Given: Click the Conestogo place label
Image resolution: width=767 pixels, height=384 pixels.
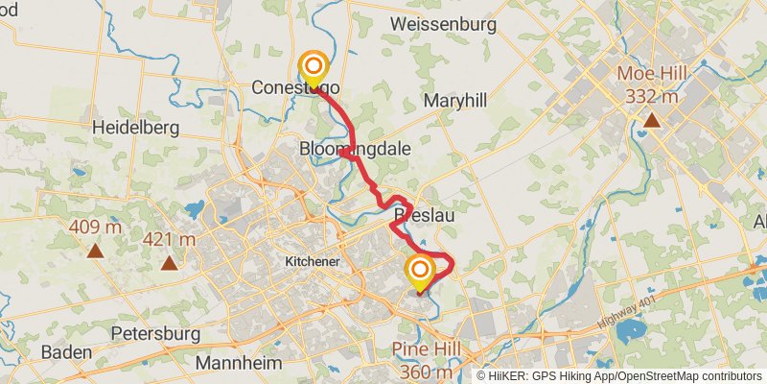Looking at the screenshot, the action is (295, 87).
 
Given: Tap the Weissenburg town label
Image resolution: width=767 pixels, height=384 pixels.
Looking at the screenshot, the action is (456, 21).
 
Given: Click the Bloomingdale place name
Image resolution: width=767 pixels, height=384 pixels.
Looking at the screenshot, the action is (356, 150).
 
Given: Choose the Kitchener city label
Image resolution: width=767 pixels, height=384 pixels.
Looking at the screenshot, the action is (314, 260).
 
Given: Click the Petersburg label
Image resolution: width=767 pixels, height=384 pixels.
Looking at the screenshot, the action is (156, 333).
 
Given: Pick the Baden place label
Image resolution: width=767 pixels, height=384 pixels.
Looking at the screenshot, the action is (66, 352).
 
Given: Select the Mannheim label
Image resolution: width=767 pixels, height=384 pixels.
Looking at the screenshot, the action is (239, 363).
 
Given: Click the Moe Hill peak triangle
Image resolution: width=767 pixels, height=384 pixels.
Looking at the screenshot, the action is (651, 120).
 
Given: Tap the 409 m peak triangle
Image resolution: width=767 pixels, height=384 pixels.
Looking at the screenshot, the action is (95, 251).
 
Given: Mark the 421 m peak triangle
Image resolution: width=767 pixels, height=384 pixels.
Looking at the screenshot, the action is (170, 262).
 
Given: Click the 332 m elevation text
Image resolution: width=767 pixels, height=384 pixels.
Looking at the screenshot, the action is (652, 96).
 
